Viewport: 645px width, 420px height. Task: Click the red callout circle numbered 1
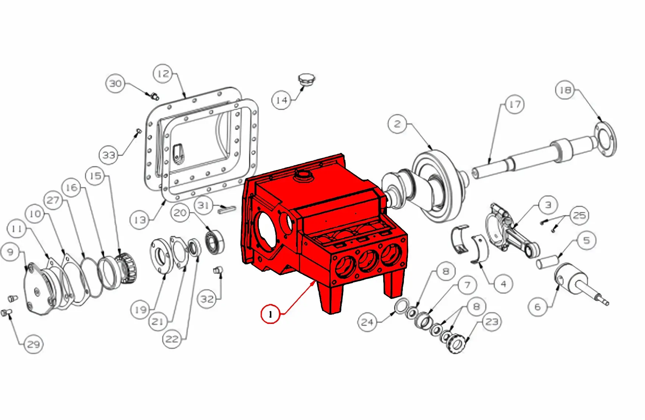[x=271, y=314]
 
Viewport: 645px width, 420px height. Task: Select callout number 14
[x=282, y=100]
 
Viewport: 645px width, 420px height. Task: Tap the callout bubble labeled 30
[x=115, y=84]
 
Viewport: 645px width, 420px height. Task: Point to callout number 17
[x=514, y=105]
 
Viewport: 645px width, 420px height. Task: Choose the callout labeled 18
[x=565, y=90]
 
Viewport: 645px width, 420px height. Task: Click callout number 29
[x=34, y=345]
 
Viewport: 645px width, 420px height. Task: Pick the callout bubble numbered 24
[x=367, y=322]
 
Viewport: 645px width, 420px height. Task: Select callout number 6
[x=537, y=307]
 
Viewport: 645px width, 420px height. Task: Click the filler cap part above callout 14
[x=306, y=79]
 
